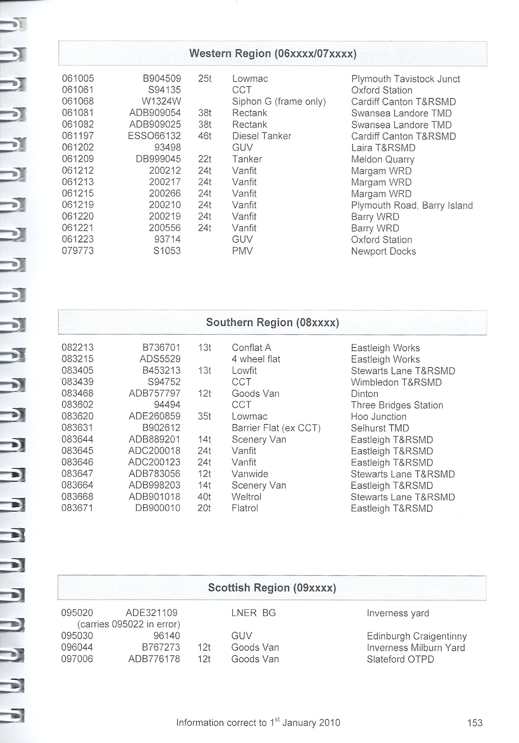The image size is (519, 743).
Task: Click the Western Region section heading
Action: point(272,54)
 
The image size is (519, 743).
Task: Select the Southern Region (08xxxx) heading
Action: point(272,323)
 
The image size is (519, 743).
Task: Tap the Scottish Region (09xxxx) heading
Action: point(272,588)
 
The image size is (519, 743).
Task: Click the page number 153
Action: point(474,723)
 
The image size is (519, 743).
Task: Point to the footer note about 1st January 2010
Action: point(258,722)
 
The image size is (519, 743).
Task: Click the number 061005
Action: point(78,79)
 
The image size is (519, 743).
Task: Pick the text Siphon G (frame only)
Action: point(279,102)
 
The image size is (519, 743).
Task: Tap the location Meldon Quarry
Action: point(382,159)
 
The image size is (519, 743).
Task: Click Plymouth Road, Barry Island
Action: point(412,205)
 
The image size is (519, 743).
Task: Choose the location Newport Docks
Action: point(383,251)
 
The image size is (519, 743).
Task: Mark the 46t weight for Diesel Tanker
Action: point(205,136)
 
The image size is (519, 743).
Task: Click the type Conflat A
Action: point(251,348)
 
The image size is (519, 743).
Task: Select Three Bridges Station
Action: point(397,405)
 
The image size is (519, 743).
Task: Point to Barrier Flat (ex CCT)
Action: point(276,428)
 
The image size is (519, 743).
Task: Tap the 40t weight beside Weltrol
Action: point(204,497)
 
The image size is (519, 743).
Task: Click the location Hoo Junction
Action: point(378,416)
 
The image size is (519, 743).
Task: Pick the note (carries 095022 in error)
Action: point(128,625)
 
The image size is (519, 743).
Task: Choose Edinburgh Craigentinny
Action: point(416,636)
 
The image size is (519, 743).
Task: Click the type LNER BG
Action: point(253,613)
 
